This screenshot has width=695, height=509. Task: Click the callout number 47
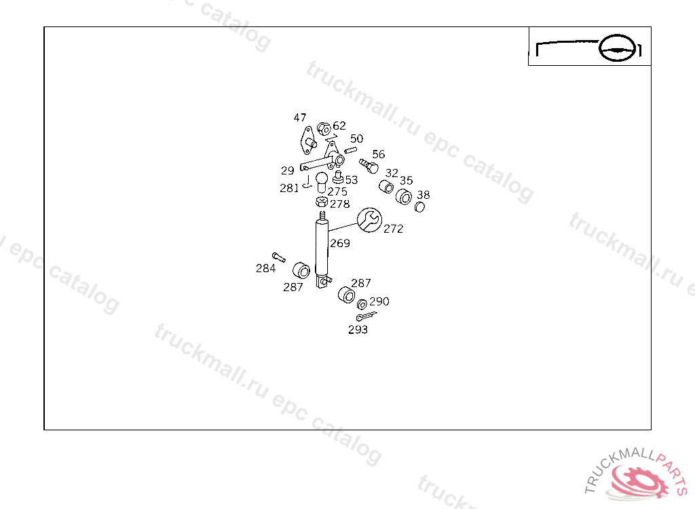pyautogui.click(x=300, y=117)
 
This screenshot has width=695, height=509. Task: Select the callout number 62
pyautogui.click(x=339, y=126)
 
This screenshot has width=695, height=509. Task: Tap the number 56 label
pyautogui.click(x=378, y=154)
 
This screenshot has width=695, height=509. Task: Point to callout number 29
pyautogui.click(x=288, y=170)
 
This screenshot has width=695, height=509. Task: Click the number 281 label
pyautogui.click(x=289, y=188)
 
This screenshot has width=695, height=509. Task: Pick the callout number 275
pyautogui.click(x=337, y=192)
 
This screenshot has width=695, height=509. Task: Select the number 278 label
pyautogui.click(x=339, y=204)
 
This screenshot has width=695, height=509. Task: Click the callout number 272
pyautogui.click(x=393, y=229)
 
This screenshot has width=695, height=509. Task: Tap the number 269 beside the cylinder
pyautogui.click(x=339, y=243)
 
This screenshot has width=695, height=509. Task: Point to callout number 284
pyautogui.click(x=265, y=268)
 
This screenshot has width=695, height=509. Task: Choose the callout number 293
pyautogui.click(x=358, y=330)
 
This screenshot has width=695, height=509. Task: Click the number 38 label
pyautogui.click(x=423, y=195)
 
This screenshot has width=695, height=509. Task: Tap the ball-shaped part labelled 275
pyautogui.click(x=321, y=178)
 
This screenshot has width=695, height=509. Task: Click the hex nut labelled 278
pyautogui.click(x=322, y=202)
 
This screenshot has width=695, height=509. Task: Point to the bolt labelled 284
pyautogui.click(x=278, y=257)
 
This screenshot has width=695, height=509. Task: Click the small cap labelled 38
pyautogui.click(x=420, y=206)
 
